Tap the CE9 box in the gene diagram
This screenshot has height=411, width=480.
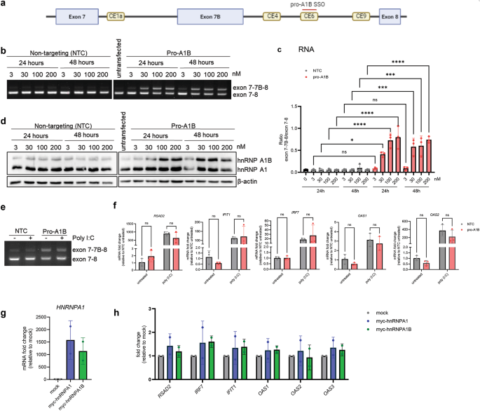(x=361, y=15)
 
